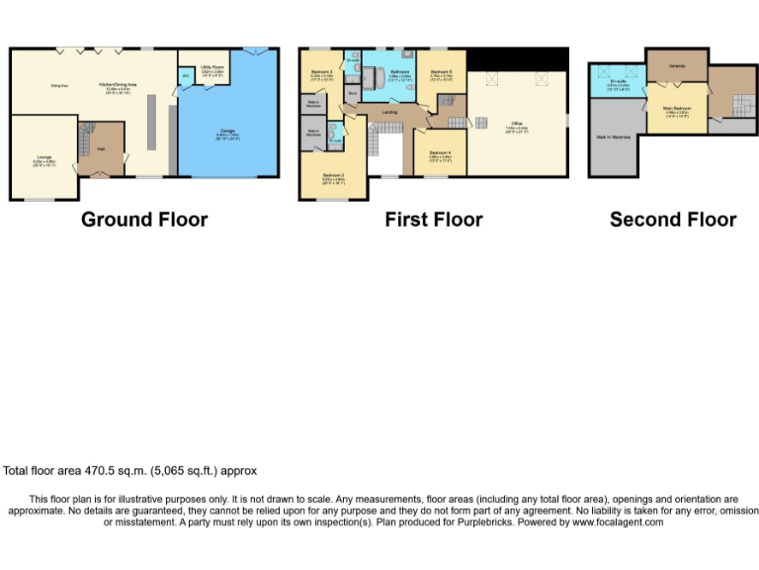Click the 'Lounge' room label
click(44, 158)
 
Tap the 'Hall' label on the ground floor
click(101, 149)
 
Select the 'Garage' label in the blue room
click(228, 132)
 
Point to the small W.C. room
click(185, 77)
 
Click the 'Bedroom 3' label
click(321, 71)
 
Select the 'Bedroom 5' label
click(440, 71)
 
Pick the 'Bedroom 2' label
click(332, 178)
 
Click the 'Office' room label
click(517, 125)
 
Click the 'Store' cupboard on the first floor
click(352, 93)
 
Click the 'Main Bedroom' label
click(677, 112)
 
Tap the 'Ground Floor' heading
click(144, 220)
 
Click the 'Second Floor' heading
click(672, 220)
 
